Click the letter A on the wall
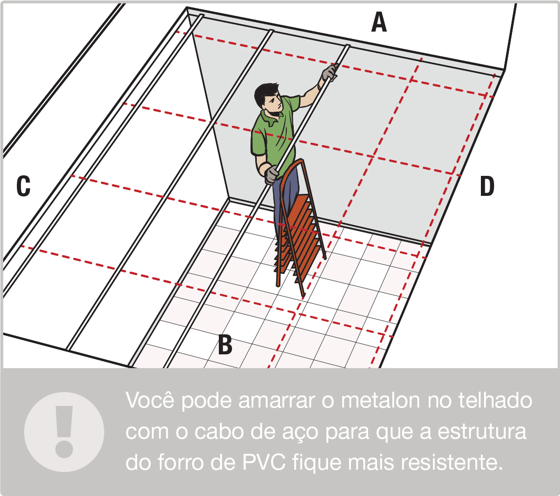pos(379,23)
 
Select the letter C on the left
pos(23,186)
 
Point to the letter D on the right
pos(487,187)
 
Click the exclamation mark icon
pos(64,431)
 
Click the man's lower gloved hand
pos(272,174)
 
